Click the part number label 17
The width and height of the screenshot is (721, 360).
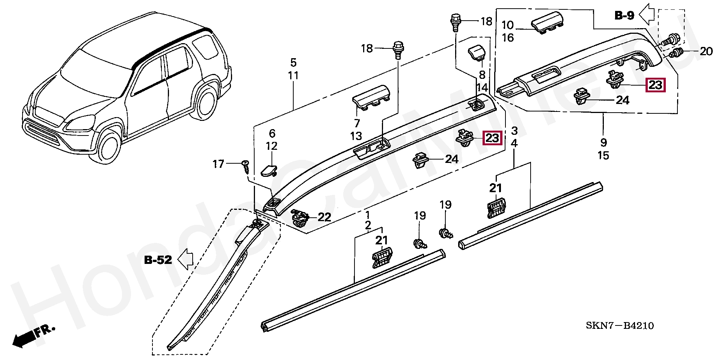point(218,164)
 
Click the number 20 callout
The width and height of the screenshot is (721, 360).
point(706,51)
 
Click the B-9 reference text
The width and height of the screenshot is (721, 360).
point(624,15)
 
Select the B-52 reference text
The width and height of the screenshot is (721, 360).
point(158,260)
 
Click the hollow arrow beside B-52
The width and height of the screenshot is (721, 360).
point(185,259)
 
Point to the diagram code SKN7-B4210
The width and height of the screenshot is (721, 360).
point(620,325)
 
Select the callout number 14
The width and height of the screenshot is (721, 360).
point(482,88)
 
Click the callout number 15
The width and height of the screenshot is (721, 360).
point(603,155)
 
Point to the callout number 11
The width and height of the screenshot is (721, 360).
point(293,75)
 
